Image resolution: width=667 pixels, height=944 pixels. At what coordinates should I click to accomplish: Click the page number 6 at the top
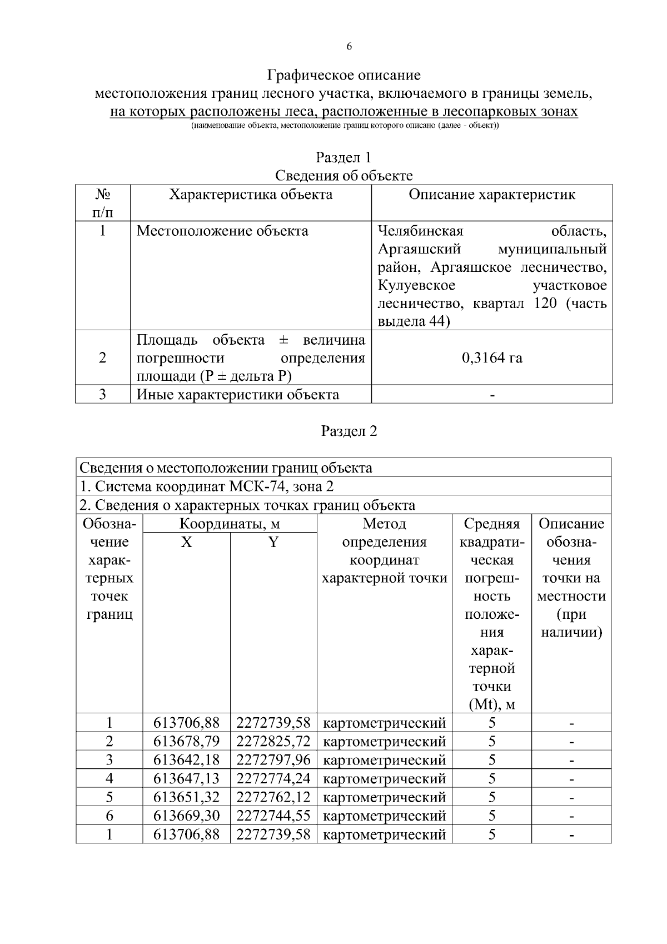(x=349, y=47)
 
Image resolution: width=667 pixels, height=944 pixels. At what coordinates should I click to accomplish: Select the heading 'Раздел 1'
(x=344, y=157)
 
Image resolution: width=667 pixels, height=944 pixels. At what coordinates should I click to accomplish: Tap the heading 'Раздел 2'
(x=349, y=431)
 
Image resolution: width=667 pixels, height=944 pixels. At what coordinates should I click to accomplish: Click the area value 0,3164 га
(x=492, y=357)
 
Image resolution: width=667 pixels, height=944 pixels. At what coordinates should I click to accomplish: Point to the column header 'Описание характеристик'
(x=492, y=195)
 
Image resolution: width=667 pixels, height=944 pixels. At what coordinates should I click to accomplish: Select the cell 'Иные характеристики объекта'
(x=238, y=395)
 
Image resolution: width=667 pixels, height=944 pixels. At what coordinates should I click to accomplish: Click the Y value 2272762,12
(x=273, y=797)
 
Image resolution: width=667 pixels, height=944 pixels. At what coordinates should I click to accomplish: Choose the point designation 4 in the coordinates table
(x=109, y=779)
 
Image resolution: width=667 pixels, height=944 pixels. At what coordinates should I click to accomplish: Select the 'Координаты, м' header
(x=230, y=524)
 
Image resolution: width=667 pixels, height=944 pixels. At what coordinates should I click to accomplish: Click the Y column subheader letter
(x=273, y=543)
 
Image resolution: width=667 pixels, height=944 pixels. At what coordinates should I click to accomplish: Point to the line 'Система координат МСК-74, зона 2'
(x=207, y=486)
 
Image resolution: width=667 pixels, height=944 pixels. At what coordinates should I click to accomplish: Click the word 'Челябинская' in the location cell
(x=421, y=231)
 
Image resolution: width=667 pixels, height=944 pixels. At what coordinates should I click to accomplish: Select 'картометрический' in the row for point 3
(x=384, y=760)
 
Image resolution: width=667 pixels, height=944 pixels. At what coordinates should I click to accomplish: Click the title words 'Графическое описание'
(x=344, y=75)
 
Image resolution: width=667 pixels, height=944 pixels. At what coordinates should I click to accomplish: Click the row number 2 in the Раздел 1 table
(x=102, y=357)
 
